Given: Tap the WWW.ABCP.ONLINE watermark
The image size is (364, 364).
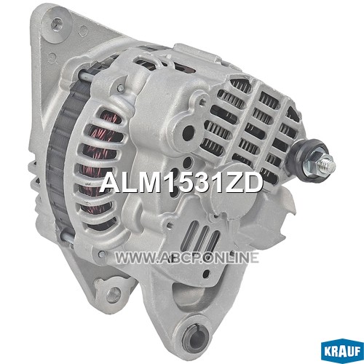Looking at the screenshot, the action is tap(187, 258).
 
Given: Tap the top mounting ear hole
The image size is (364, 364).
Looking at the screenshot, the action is tap(58, 23).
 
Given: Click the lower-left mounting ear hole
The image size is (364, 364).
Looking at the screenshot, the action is tap(116, 291).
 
